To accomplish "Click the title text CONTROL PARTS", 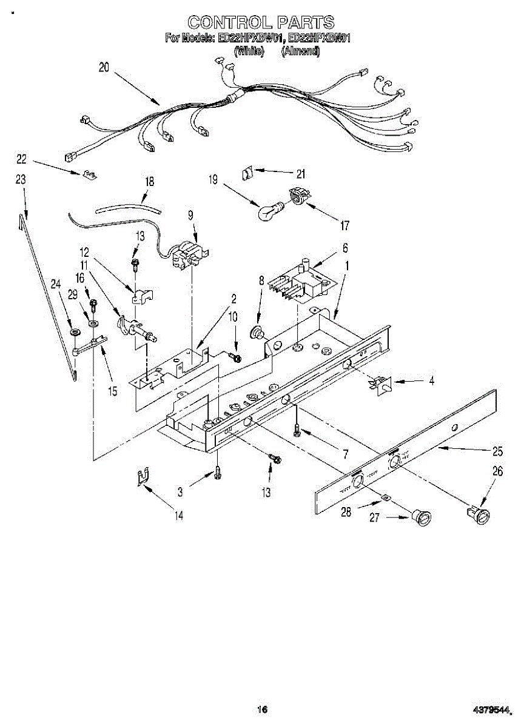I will coord(261,22).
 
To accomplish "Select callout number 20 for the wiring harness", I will coord(104,67).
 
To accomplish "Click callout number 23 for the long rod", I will coord(21,179).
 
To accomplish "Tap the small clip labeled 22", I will coord(89,175).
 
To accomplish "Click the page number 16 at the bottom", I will coord(262,709).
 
